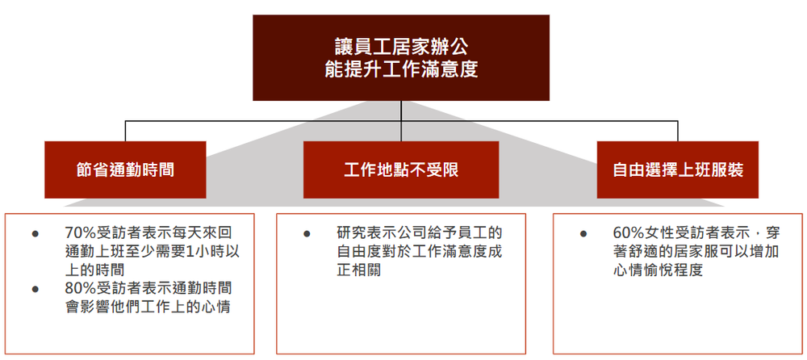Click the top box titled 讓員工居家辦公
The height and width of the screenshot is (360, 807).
tap(400, 57)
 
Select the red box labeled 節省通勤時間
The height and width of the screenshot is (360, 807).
tap(125, 170)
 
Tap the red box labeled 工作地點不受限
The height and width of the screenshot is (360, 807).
tap(401, 170)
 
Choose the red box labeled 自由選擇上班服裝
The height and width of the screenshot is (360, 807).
tap(678, 170)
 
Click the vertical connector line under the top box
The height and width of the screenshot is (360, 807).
tap(400, 111)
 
